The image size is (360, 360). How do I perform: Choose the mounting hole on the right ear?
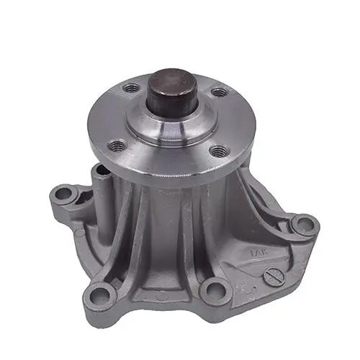[305, 225]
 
